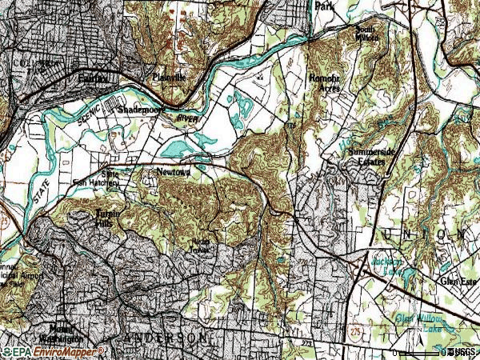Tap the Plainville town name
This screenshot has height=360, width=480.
169,78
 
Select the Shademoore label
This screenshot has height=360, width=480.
139,109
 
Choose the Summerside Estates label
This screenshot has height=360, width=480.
366,156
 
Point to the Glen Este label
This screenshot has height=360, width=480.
458,282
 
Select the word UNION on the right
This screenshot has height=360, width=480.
424,234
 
